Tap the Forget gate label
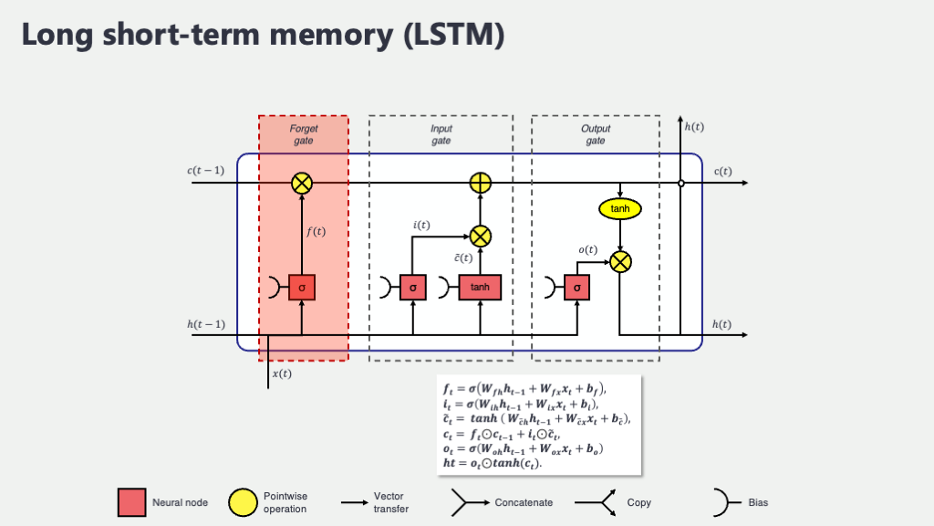[304, 135]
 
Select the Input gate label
[441, 135]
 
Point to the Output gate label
[596, 135]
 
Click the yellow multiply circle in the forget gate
[302, 184]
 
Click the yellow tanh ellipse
[620, 209]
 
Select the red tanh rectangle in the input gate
[480, 287]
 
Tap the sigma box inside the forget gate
[302, 287]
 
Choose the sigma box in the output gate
[577, 287]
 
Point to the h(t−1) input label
[206, 324]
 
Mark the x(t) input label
[283, 373]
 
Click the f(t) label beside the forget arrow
[316, 232]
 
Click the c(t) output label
[722, 172]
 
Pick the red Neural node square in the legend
[131, 502]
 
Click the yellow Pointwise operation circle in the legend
[243, 502]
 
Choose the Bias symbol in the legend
[721, 502]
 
